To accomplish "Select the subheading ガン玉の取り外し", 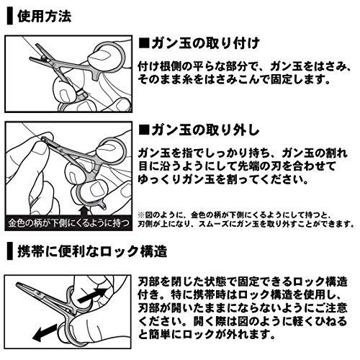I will point(205,130).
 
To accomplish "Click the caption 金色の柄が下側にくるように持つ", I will point(69,224).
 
